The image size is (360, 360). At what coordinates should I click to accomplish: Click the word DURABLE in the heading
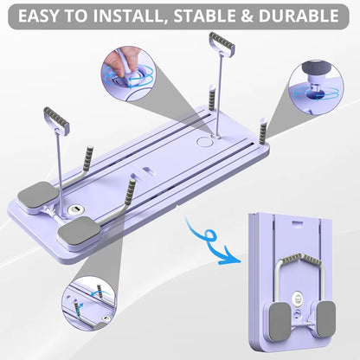tap(307, 16)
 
